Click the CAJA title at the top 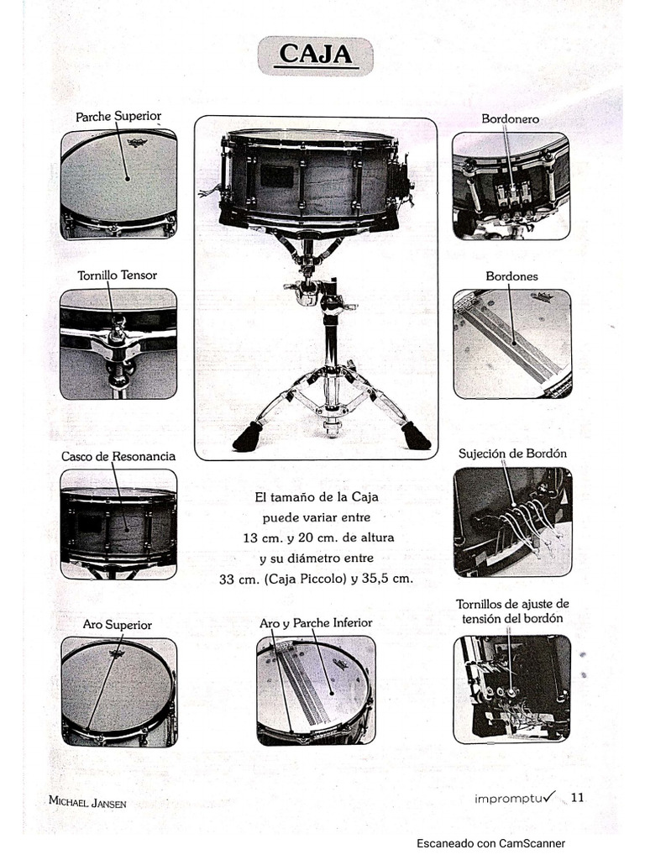[315, 55]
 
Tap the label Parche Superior [118, 116]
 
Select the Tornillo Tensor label [117, 275]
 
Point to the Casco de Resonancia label [118, 456]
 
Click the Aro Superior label [117, 625]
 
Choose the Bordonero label [510, 119]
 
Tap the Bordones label [511, 275]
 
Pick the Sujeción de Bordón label [512, 454]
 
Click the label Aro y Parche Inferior [316, 623]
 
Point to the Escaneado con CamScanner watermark [490, 844]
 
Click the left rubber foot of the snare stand [247, 438]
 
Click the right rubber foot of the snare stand [416, 437]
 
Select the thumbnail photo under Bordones [511, 343]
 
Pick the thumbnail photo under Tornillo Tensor [118, 343]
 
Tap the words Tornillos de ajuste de [512, 604]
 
